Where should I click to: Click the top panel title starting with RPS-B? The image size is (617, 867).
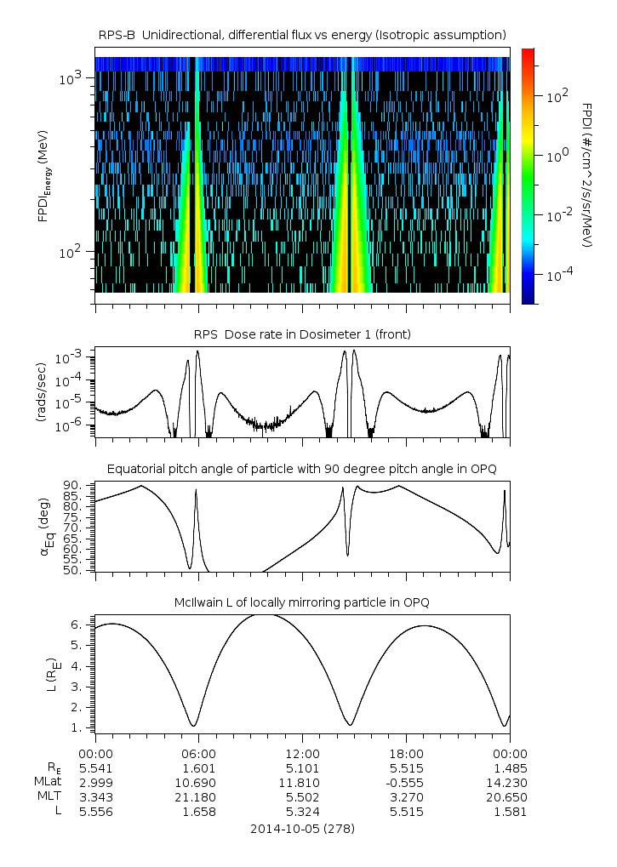[302, 34]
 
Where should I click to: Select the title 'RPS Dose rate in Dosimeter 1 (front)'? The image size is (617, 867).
[302, 334]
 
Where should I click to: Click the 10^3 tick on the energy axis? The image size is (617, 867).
[69, 78]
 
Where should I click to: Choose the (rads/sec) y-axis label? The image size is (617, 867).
[40, 392]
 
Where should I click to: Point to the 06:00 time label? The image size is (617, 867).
[198, 754]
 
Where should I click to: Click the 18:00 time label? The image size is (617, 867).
[406, 754]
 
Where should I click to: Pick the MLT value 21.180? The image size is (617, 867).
[198, 797]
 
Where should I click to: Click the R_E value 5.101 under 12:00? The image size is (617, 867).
[302, 768]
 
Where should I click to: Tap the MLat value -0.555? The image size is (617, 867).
[406, 783]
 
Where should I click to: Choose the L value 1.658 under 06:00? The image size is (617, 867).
[198, 812]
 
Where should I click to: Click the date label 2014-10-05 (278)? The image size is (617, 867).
[302, 828]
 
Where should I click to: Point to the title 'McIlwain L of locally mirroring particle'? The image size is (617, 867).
[302, 602]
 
